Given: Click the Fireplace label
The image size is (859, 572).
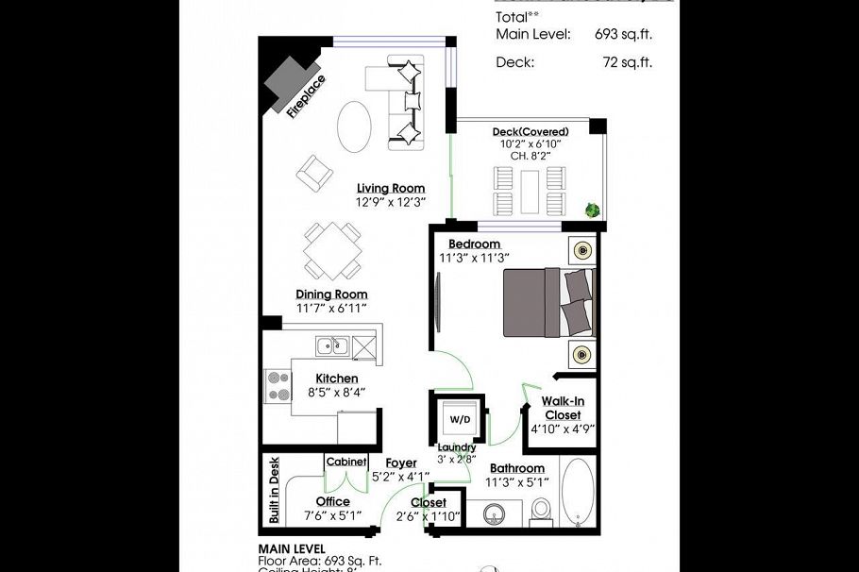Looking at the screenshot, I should [x=307, y=94].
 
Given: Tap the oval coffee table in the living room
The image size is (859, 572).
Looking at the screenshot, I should [x=354, y=126].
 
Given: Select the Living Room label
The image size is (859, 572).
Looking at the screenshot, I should [x=390, y=188].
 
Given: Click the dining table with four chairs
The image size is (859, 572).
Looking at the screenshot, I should [x=331, y=249].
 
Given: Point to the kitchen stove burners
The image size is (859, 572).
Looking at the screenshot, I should [x=278, y=383].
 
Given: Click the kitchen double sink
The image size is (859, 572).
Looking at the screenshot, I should [x=333, y=346].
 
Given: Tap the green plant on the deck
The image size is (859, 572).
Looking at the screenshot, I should [x=593, y=210].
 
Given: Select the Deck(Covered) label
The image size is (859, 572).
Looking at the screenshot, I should [x=530, y=131].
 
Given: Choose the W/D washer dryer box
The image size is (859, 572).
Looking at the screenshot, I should [x=460, y=418].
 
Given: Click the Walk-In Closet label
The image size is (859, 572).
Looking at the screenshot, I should [x=562, y=408].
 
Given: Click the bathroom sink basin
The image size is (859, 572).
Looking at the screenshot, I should [x=494, y=515].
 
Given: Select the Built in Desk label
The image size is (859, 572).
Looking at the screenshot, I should [x=274, y=490].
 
